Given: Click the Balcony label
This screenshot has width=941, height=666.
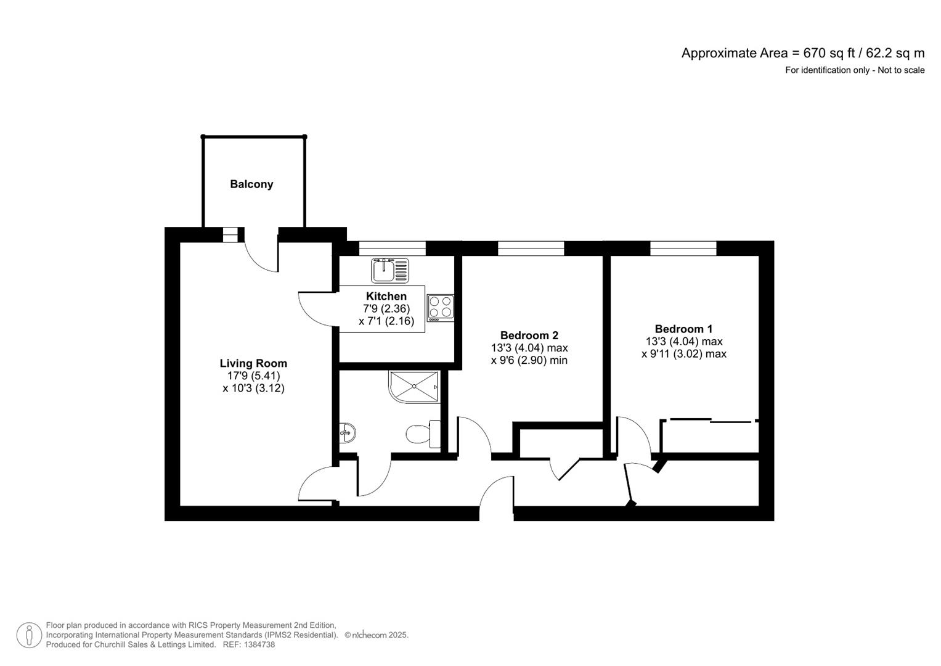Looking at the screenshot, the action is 251,184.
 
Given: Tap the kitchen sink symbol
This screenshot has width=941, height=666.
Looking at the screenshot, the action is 390,270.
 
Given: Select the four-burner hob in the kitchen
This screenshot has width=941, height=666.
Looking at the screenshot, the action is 440,308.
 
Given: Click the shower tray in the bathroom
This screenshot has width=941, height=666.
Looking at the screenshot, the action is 414,387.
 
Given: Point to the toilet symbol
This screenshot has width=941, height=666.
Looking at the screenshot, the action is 423,434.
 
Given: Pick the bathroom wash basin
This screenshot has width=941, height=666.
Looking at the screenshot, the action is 348,433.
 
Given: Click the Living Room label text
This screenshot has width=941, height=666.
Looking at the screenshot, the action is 253,363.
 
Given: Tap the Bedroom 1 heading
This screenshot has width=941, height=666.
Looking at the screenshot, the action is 683,329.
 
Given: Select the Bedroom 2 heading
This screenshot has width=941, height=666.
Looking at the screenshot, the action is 529,335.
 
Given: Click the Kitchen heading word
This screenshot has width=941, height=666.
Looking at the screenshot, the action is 386,296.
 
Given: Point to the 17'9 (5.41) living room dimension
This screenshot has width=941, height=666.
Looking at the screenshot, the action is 253,376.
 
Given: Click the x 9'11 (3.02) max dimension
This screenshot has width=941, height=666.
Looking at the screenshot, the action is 683,353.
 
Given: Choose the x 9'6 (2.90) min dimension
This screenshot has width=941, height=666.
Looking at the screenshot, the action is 529,360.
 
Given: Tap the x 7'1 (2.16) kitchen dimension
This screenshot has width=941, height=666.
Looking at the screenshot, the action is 386,321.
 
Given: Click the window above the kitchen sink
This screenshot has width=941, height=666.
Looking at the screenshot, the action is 393,248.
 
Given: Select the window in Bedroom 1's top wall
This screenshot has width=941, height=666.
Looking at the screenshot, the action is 683,248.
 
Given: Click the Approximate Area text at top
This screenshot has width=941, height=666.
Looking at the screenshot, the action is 803,54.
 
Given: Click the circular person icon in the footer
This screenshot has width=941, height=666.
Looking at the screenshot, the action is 29,635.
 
